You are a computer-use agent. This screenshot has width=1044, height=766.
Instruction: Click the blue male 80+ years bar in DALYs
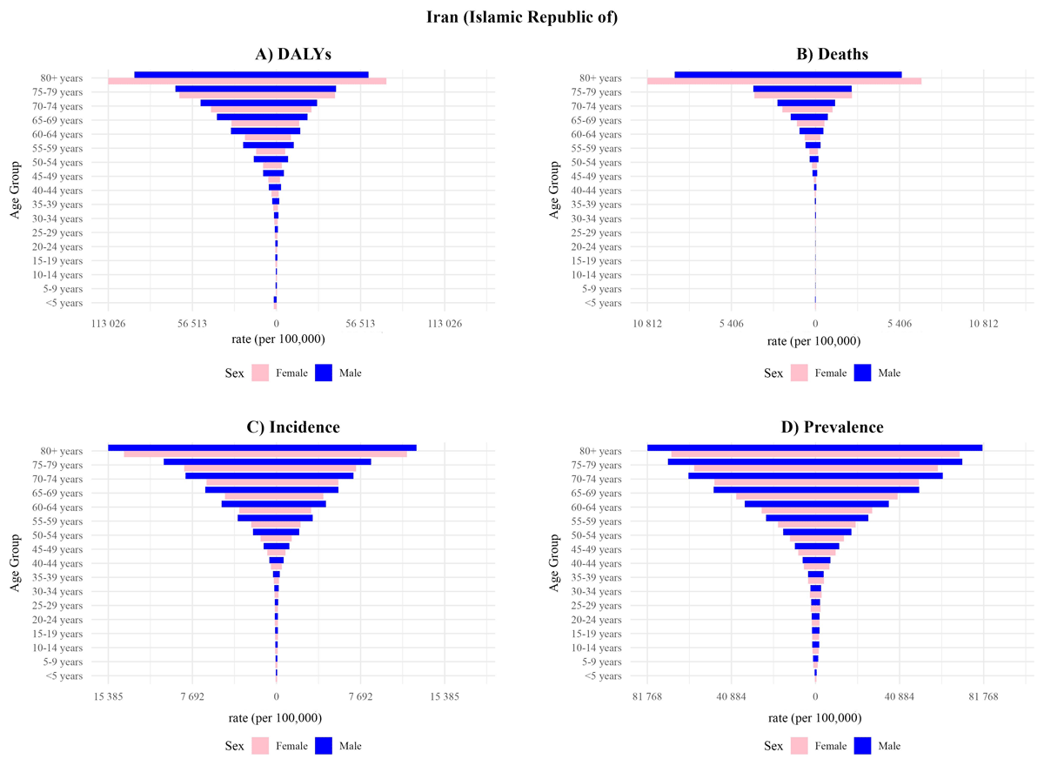[251, 75]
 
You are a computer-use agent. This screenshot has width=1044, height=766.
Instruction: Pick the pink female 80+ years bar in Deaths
[783, 82]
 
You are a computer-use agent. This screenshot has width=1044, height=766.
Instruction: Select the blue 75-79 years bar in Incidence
[267, 461]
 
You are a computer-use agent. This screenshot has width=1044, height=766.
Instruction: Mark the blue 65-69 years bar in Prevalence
[815, 489]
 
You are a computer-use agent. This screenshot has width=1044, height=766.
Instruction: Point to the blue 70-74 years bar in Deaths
[806, 103]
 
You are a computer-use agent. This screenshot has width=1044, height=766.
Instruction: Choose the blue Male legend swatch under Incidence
[325, 746]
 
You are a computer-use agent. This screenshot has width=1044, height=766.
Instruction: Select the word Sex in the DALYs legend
[234, 373]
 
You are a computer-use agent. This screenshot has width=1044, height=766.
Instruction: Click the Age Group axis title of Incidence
[16, 562]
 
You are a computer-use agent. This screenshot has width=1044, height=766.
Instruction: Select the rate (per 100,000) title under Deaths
[814, 341]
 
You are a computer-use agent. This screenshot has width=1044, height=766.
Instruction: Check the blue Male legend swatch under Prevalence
[864, 746]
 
